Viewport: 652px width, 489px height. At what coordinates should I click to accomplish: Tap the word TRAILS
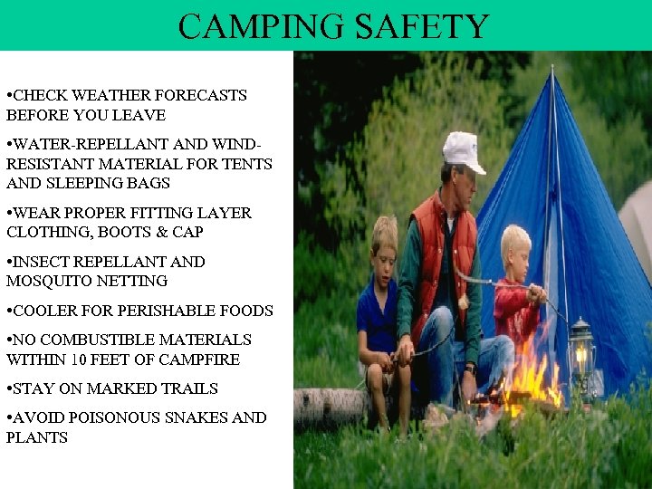pos(187,388)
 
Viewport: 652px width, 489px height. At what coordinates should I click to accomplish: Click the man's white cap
pos(463,150)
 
